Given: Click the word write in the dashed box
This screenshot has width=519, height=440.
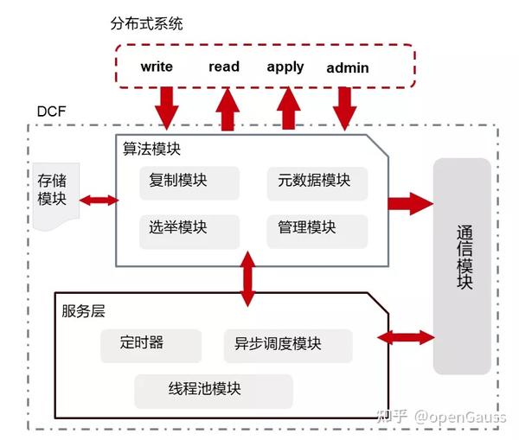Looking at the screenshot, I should point(157,67).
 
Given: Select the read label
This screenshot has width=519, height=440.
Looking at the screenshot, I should point(224,67).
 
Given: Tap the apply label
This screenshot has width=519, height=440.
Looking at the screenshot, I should point(285,67).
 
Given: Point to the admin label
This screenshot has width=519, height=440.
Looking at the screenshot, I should point(348,67).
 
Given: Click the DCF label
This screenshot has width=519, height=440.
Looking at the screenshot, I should point(52,112).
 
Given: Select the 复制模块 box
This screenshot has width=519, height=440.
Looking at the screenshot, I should point(178,182).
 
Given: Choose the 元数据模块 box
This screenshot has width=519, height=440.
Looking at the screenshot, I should point(315,182).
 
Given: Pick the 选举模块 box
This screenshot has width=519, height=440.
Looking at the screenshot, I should point(178,228).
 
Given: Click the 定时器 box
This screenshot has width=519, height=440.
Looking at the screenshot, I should point(143,343).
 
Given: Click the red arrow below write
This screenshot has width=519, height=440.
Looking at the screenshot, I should point(164,108).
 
